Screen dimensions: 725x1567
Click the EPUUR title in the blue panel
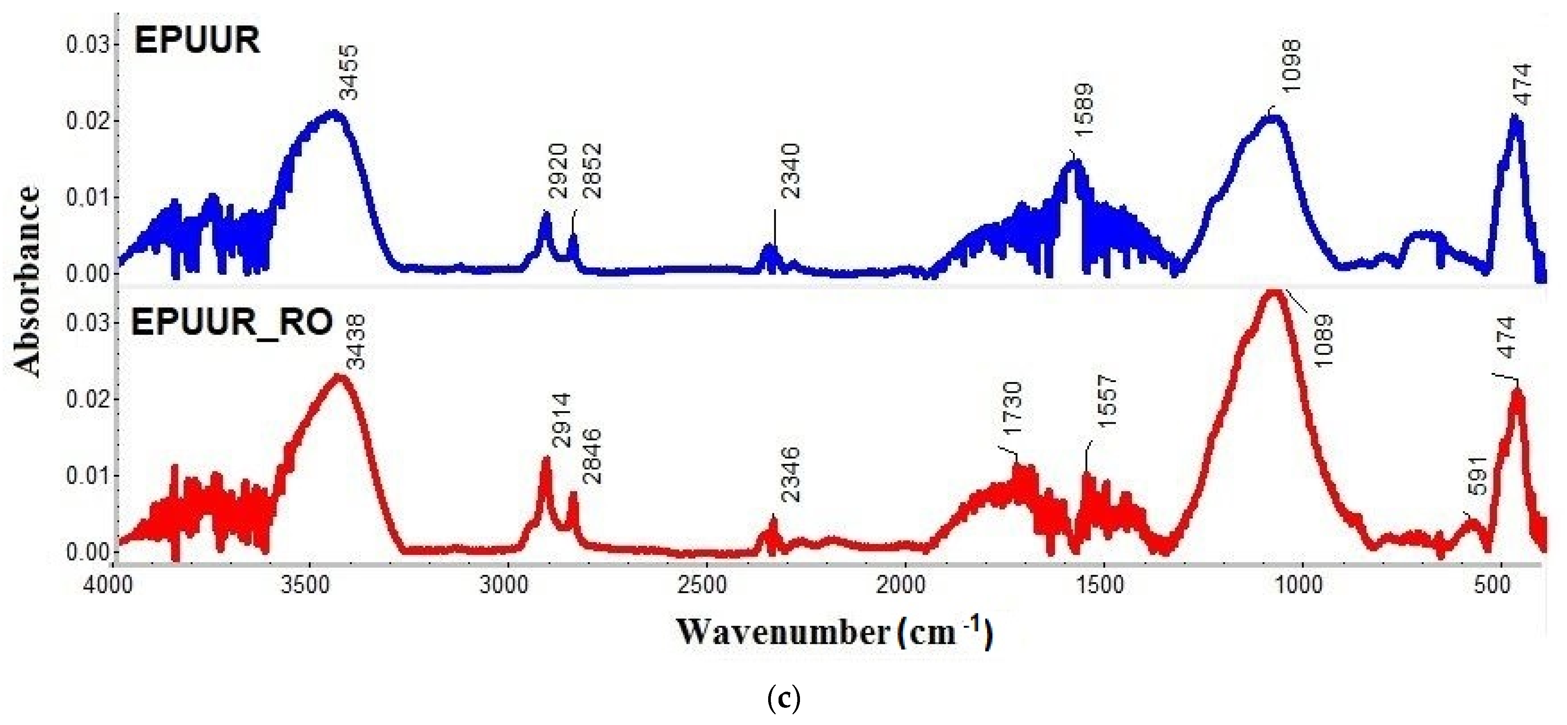tap(197, 41)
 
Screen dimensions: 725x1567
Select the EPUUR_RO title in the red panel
tap(232, 322)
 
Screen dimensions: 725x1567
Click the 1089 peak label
tap(1323, 341)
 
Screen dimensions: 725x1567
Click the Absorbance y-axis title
tap(27, 281)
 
